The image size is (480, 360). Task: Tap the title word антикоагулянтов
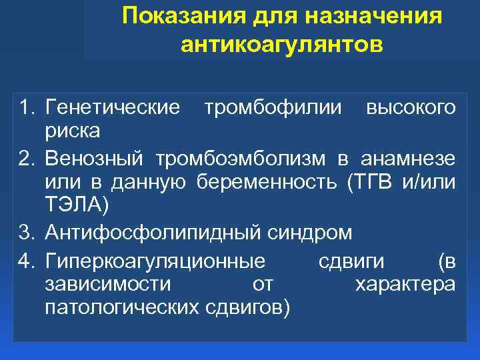click(282, 45)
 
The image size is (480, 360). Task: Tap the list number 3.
click(27, 233)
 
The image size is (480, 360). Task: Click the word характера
click(405, 285)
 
